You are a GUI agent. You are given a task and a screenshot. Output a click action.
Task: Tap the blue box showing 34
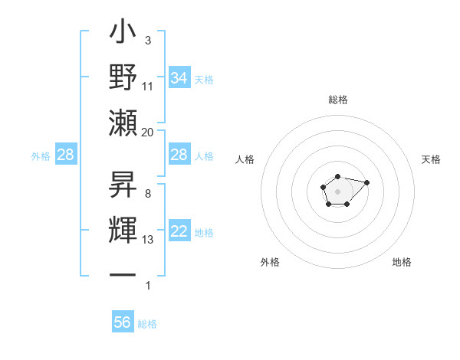coord(179,78)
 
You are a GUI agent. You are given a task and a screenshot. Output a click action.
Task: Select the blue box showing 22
coord(179,232)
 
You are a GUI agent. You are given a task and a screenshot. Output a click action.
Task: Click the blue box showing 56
coord(123,322)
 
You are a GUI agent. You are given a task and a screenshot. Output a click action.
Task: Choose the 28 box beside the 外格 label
coord(66,155)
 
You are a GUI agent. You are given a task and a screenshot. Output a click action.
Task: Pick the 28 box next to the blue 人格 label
coord(179,155)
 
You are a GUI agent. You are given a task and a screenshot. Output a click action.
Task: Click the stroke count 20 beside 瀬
coord(148,133)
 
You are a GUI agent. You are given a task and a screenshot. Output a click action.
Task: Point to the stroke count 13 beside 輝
coord(148,241)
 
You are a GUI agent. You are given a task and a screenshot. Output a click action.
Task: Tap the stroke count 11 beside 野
coord(148,86)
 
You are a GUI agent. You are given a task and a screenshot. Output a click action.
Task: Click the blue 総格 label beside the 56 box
coord(147,324)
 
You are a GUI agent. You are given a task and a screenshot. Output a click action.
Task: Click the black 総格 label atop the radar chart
coord(337,100)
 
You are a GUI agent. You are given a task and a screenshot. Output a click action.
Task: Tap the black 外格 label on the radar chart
coord(270,262)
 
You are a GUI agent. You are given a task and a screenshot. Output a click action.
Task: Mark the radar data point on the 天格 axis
coord(366,182)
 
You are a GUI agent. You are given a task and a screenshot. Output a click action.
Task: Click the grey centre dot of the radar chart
coord(337,191)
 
